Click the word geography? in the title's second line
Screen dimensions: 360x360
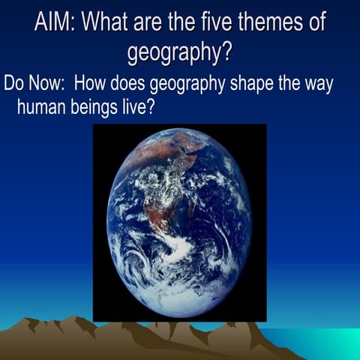(179, 52)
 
